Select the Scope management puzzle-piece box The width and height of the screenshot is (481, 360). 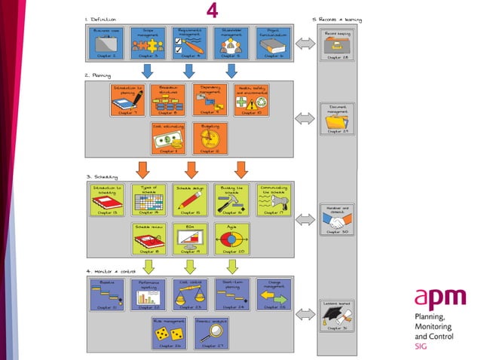(148, 44)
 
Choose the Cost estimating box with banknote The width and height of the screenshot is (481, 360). (167, 138)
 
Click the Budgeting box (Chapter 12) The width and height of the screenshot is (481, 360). (209, 138)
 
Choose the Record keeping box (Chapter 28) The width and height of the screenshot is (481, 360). (335, 46)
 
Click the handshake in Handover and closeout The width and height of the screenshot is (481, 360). (335, 221)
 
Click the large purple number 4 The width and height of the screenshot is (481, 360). (213, 11)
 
